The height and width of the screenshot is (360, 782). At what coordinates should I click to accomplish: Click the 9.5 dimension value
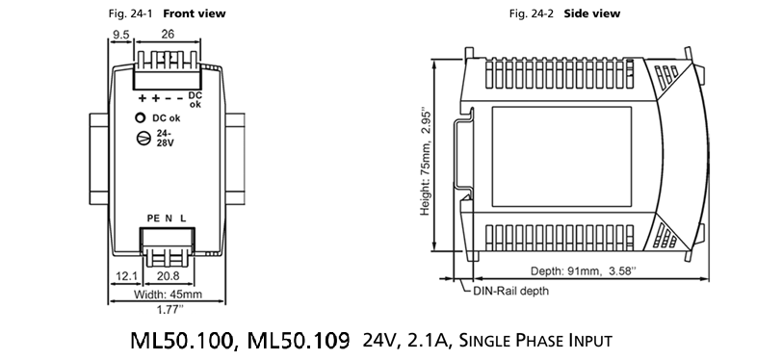(x=120, y=35)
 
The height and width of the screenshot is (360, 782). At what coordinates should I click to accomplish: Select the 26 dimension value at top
(x=168, y=34)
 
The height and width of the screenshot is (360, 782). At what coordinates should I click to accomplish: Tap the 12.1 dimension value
(x=127, y=275)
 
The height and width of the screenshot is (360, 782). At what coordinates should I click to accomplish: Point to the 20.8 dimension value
(x=169, y=275)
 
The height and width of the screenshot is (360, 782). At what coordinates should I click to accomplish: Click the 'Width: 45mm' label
(x=169, y=295)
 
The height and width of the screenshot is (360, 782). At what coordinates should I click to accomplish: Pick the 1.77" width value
(x=170, y=310)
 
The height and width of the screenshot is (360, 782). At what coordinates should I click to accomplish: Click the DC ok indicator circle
(x=141, y=118)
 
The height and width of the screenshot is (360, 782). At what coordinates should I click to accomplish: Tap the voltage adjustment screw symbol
(x=143, y=138)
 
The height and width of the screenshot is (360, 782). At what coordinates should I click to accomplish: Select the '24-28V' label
(x=165, y=138)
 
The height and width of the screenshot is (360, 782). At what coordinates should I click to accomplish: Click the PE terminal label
(x=153, y=218)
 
